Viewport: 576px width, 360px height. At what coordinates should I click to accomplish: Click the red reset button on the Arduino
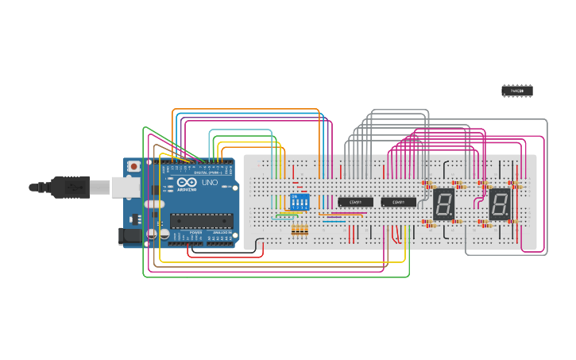(134, 166)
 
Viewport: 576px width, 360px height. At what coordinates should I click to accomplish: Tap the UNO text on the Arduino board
(210, 182)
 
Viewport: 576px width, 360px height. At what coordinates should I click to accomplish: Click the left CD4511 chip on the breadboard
(355, 202)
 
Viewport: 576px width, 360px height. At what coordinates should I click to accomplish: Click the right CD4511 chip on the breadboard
(398, 202)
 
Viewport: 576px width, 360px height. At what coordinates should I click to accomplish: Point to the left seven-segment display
(443, 204)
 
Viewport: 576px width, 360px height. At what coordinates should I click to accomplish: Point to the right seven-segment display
(499, 204)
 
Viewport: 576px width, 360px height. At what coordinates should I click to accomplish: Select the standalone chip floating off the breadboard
(516, 91)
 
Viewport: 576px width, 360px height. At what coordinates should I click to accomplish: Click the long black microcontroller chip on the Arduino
(201, 220)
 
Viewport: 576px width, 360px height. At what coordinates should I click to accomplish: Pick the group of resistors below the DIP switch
(300, 230)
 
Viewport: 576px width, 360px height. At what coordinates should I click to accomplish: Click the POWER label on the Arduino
(195, 232)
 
